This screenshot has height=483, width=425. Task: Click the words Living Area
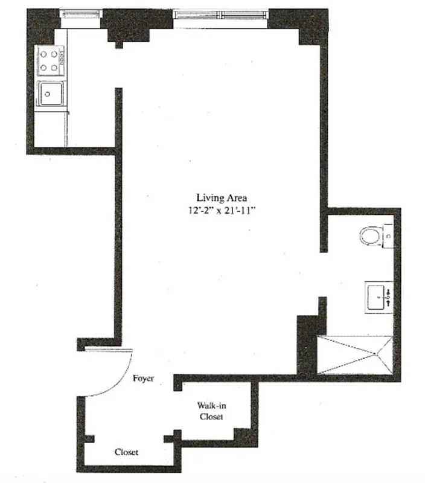(221, 197)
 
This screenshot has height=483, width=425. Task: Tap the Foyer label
(143, 379)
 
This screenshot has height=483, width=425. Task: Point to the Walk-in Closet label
(211, 411)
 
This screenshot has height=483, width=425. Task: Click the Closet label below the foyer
(127, 452)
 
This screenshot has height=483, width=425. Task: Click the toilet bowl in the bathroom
(370, 235)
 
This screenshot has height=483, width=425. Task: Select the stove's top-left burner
(44, 55)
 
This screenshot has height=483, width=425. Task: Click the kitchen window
(80, 13)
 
